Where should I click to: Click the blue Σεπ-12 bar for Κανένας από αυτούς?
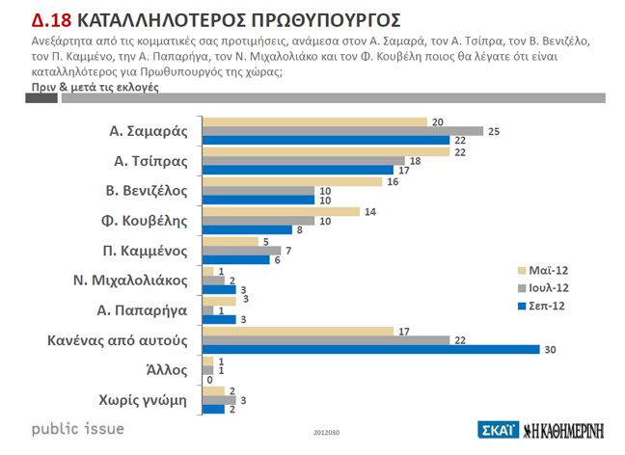(x=371, y=349)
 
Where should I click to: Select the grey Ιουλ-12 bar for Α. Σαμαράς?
(x=343, y=131)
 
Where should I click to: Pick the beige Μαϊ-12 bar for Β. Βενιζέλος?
(x=292, y=181)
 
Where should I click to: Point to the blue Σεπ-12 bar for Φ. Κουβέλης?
(x=247, y=230)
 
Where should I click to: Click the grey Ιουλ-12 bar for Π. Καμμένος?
(x=241, y=251)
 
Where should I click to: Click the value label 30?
(x=552, y=349)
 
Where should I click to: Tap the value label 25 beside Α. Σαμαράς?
(x=493, y=131)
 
